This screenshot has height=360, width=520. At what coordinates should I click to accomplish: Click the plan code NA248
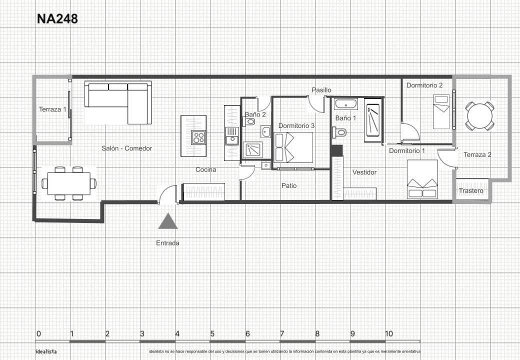coord(57,19)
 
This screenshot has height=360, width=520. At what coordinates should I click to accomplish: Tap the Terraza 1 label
coord(52,109)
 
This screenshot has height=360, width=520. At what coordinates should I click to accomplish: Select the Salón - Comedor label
coord(126,148)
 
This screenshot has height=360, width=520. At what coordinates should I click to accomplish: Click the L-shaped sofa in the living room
coord(118,101)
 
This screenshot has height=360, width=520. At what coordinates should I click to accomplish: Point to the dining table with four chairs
coord(68,183)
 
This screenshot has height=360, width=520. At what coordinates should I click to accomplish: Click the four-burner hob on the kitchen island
coord(198,137)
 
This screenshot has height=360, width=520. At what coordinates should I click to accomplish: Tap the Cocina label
coord(205,170)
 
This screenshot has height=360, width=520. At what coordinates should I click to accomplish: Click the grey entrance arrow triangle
coord(168,221)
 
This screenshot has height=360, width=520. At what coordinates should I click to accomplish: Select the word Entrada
coord(167,243)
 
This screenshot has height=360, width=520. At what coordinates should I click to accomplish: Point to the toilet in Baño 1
coord(339,132)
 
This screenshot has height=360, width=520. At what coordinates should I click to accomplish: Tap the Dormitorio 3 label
coord(296,126)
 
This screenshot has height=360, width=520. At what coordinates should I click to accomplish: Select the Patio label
coord(288,186)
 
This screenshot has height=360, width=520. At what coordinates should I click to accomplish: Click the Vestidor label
coord(364,172)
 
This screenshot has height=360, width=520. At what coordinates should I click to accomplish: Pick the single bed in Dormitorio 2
coord(441,112)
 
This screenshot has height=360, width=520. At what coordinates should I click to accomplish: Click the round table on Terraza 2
coord(479,116)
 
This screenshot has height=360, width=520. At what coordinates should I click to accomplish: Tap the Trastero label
coord(471,191)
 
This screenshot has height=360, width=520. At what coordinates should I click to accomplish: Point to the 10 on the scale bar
coord(388,334)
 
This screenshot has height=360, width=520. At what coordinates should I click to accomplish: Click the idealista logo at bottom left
coord(46,351)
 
